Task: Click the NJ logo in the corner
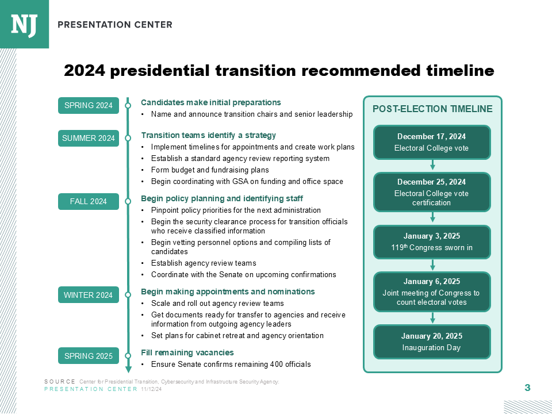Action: (x=24, y=24)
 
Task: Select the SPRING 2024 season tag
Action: (x=88, y=106)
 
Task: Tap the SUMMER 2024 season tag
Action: (x=88, y=139)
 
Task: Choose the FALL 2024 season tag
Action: (x=88, y=202)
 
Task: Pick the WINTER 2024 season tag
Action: (x=88, y=296)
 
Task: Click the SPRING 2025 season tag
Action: (x=88, y=356)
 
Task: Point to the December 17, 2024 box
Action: (x=432, y=142)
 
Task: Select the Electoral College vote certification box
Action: (x=432, y=192)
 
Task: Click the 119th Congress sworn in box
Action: (x=432, y=242)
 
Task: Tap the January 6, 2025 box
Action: (x=432, y=292)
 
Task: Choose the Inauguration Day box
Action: (x=432, y=342)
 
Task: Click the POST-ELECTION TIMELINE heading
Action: (x=432, y=109)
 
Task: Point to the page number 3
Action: (x=527, y=388)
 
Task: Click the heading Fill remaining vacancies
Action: (x=187, y=352)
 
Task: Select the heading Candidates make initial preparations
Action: (x=211, y=102)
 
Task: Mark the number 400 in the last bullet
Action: (x=277, y=365)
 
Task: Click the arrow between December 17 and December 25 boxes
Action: (x=432, y=166)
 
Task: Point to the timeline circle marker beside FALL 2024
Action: (x=128, y=202)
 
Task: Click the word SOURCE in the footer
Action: (x=60, y=382)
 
